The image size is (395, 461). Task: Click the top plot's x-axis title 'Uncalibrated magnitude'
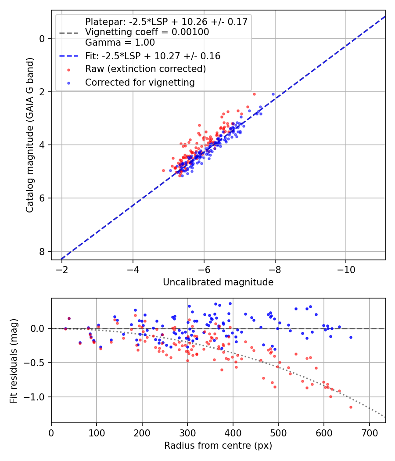pyautogui.click(x=218, y=282)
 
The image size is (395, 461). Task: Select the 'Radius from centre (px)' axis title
pyautogui.click(x=218, y=446)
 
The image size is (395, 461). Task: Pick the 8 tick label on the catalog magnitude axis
pyautogui.click(x=42, y=252)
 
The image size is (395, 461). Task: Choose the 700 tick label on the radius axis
pyautogui.click(x=369, y=432)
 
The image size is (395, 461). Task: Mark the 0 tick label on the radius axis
pyautogui.click(x=51, y=432)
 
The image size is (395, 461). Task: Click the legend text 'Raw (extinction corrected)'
pyautogui.click(x=146, y=69)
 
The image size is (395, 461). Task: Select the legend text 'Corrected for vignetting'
pyautogui.click(x=140, y=82)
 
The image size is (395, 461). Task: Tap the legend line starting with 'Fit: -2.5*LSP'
pyautogui.click(x=153, y=56)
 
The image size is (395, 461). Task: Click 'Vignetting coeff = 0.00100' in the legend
pyautogui.click(x=147, y=32)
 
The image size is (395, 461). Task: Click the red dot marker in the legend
pyautogui.click(x=68, y=69)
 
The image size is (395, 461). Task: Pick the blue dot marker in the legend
pyautogui.click(x=68, y=83)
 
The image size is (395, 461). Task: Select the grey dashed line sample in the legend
pyautogui.click(x=68, y=32)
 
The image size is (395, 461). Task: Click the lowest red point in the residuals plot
pyautogui.click(x=351, y=407)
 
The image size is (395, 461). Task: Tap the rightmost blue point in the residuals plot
pyautogui.click(x=351, y=337)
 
